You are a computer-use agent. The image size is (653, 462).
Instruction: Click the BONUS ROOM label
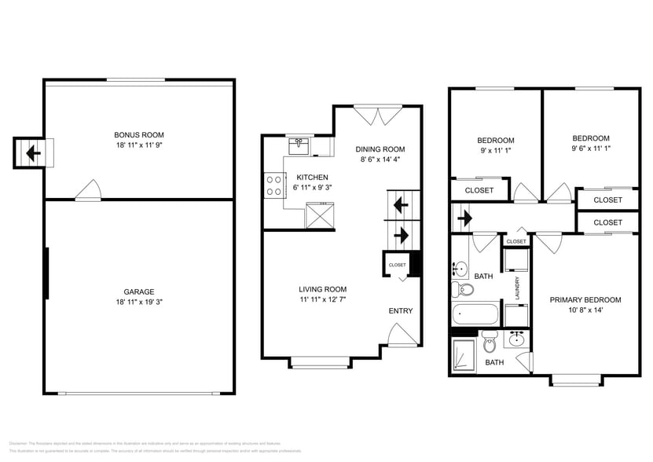coord(139,134)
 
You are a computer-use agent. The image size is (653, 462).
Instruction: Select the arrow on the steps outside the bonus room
coord(32,152)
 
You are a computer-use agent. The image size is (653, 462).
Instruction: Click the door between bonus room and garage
coord(88,190)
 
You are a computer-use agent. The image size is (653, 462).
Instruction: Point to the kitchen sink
coord(299,145)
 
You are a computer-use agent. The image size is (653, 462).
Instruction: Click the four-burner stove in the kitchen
coord(274,185)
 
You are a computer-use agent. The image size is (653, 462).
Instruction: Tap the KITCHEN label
coord(312,178)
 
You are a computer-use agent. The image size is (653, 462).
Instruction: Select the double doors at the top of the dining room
coord(374,115)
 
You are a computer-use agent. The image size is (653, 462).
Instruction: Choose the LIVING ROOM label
coord(322,289)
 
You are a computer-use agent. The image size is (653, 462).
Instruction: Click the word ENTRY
coord(400,311)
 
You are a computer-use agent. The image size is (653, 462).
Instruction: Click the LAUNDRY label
coord(517,288)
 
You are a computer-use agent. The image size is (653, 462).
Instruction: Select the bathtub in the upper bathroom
coord(476,316)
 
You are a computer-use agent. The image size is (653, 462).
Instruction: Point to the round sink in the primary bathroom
coord(516,341)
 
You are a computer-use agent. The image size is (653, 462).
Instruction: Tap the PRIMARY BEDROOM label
coord(585,299)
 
